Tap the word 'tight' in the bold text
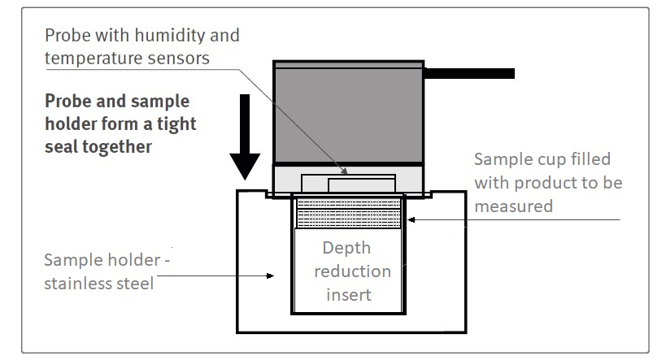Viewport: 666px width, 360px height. (177, 125)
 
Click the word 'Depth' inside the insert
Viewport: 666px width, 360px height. (346, 249)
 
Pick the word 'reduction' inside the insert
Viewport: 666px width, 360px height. (346, 271)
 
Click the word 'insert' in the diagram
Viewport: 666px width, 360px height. (346, 293)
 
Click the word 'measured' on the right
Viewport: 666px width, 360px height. (513, 206)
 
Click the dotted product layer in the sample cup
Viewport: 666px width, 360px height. (347, 215)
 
